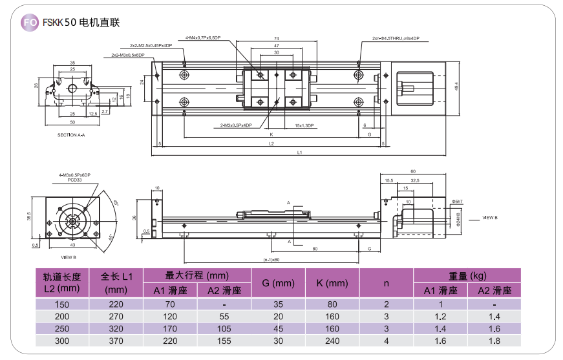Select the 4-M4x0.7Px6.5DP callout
(203, 38)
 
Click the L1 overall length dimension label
(299, 153)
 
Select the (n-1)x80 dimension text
(271, 259)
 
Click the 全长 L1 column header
(116, 282)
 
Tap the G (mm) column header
(278, 283)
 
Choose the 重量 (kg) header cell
(466, 275)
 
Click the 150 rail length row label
(61, 304)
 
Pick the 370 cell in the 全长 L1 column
(116, 341)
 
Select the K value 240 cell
(332, 341)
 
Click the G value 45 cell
(278, 328)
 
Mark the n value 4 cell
(386, 341)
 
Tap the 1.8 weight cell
(494, 341)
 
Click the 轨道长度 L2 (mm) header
(61, 282)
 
